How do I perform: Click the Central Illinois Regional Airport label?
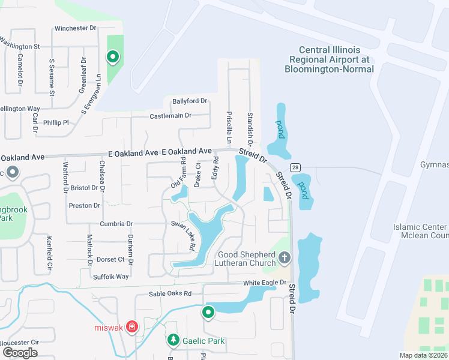331,59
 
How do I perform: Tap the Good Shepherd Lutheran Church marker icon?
285,258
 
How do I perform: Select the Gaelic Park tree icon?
173,341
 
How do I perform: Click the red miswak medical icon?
133,328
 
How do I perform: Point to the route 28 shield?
297,167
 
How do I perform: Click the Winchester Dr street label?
75,28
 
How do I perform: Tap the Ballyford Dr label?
189,101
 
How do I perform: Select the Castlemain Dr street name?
170,115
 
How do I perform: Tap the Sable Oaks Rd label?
170,294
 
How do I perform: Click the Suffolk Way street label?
110,277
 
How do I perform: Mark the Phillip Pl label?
56,122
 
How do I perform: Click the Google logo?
20,352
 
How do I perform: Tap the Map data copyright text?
423,355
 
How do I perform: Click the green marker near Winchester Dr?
112,58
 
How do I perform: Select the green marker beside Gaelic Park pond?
208,312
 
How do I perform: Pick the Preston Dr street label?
84,206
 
